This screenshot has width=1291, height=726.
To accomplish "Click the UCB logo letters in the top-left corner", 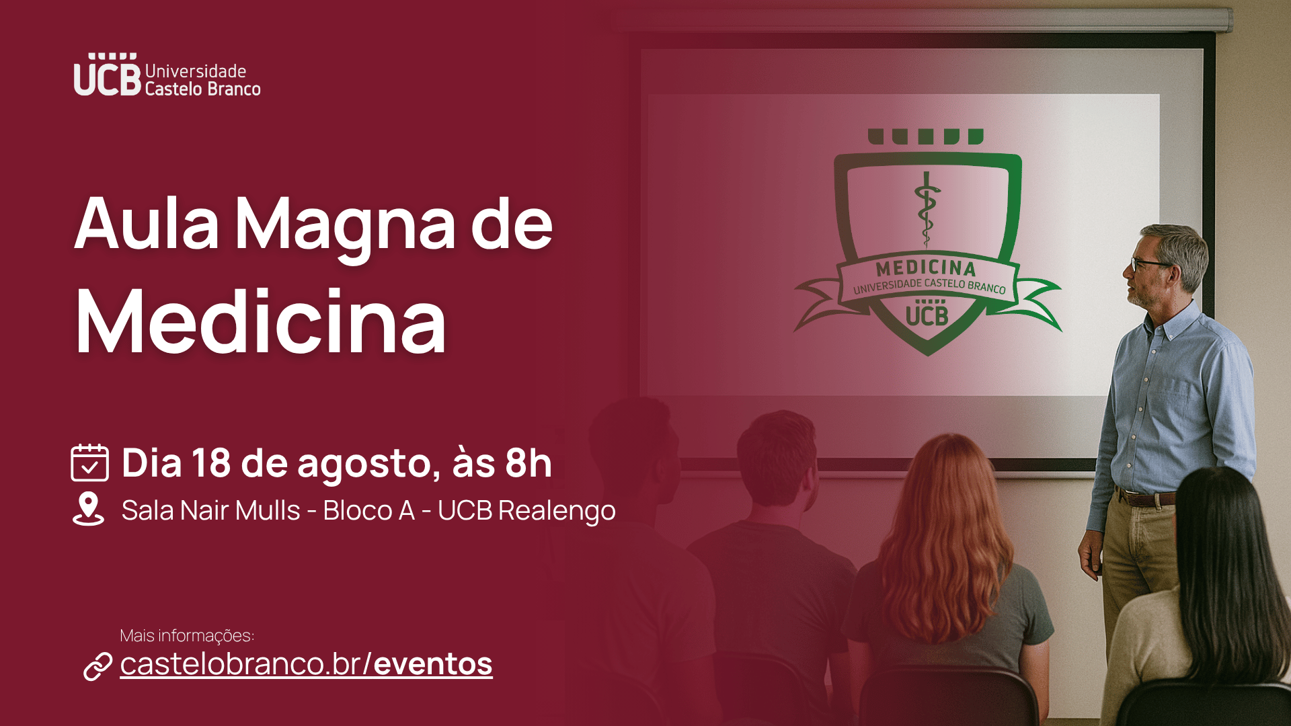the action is [108, 75].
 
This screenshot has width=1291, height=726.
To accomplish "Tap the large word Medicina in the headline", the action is [261, 321].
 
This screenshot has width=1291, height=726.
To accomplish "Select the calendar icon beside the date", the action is [89, 462].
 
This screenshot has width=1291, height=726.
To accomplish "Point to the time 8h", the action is [529, 462].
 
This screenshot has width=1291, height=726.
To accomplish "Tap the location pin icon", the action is [88, 509].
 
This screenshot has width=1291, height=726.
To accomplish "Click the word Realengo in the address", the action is [557, 511].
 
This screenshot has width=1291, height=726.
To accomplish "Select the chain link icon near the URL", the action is [97, 666].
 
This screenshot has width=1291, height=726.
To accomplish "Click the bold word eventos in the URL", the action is [433, 663].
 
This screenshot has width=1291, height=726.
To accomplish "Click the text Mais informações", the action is [187, 635].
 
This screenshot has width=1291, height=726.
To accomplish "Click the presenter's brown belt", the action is [1146, 498].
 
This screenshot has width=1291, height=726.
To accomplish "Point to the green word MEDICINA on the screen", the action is [926, 268].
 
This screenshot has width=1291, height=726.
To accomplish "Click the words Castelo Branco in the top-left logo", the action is [202, 89].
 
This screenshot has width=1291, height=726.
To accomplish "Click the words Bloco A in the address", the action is [368, 510].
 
